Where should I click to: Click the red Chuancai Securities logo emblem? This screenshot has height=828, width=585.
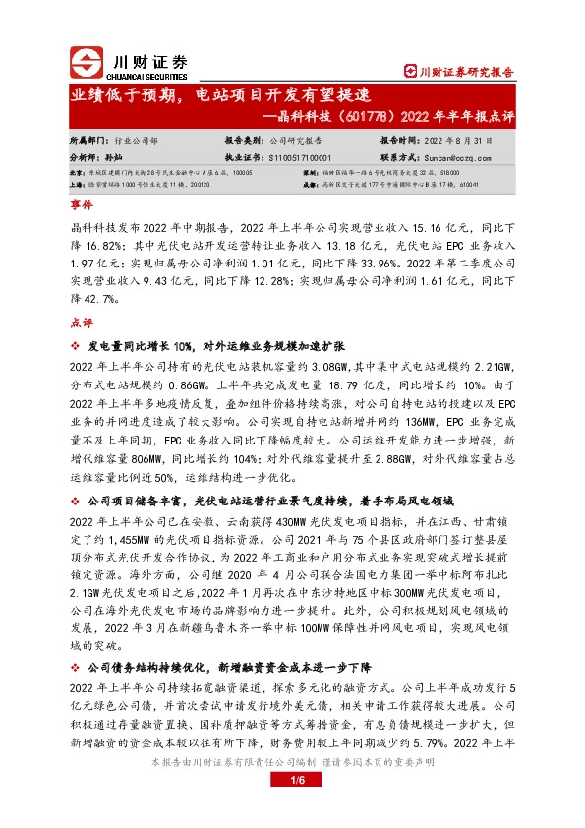pyautogui.click(x=86, y=62)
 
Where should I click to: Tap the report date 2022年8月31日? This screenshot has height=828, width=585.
pyautogui.click(x=455, y=141)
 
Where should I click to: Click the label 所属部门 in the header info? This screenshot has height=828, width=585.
pyautogui.click(x=89, y=141)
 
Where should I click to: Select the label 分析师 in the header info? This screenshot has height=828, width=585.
pyautogui.click(x=86, y=156)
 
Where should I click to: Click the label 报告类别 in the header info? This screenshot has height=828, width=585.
pyautogui.click(x=245, y=141)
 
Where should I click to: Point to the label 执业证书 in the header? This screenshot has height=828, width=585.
pyautogui.click(x=245, y=156)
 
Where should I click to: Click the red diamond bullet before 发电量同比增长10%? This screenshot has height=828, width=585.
pyautogui.click(x=75, y=347)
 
